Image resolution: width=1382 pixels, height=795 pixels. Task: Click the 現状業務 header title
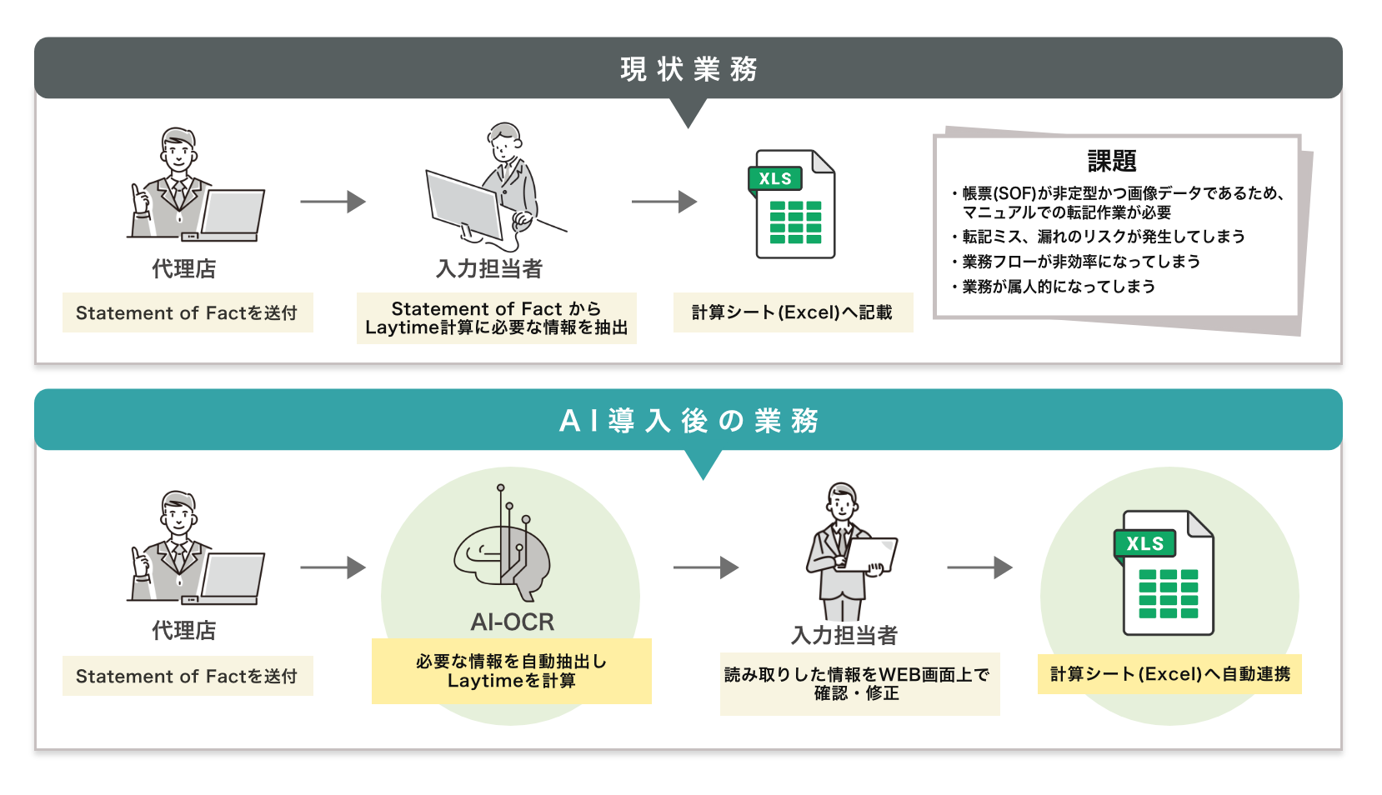688,69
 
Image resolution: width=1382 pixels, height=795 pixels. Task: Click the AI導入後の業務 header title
688,421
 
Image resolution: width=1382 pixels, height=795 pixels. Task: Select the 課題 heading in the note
1111,161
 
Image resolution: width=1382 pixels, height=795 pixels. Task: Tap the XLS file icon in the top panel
794,204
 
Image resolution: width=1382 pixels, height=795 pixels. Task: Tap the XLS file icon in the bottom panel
1164,573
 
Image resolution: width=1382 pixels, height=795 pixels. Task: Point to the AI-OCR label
512,622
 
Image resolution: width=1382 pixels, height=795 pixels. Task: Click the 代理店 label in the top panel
183,269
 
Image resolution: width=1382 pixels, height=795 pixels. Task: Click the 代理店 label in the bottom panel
183,631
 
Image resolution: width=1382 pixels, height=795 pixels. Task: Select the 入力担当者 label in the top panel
489,269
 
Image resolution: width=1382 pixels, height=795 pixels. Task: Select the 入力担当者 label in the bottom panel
844,636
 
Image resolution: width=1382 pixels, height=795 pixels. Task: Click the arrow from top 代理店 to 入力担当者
333,202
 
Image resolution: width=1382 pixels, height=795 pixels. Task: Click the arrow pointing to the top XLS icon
664,202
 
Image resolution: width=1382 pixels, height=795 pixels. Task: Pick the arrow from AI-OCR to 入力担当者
706,567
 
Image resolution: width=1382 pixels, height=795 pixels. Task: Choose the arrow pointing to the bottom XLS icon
979,567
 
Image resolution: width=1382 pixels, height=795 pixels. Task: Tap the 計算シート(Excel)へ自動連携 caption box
1169,674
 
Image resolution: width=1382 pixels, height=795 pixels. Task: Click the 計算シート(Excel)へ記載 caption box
793,312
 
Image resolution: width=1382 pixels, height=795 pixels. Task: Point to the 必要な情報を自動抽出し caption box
511,671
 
